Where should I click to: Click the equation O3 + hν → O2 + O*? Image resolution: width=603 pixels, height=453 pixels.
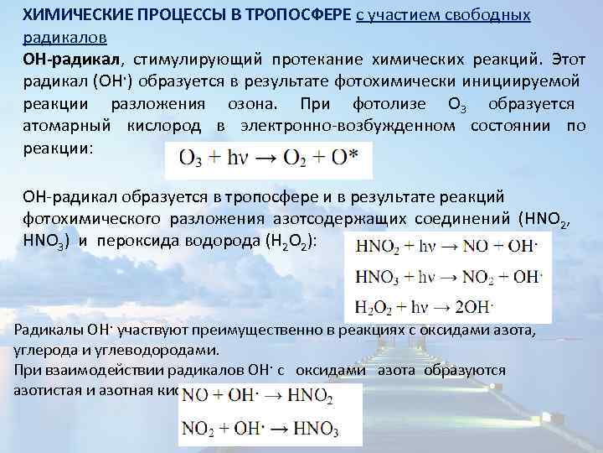(x=256, y=157)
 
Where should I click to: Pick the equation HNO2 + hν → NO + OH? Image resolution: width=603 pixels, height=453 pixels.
(x=443, y=247)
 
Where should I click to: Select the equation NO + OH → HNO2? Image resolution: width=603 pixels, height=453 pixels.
(x=257, y=395)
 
